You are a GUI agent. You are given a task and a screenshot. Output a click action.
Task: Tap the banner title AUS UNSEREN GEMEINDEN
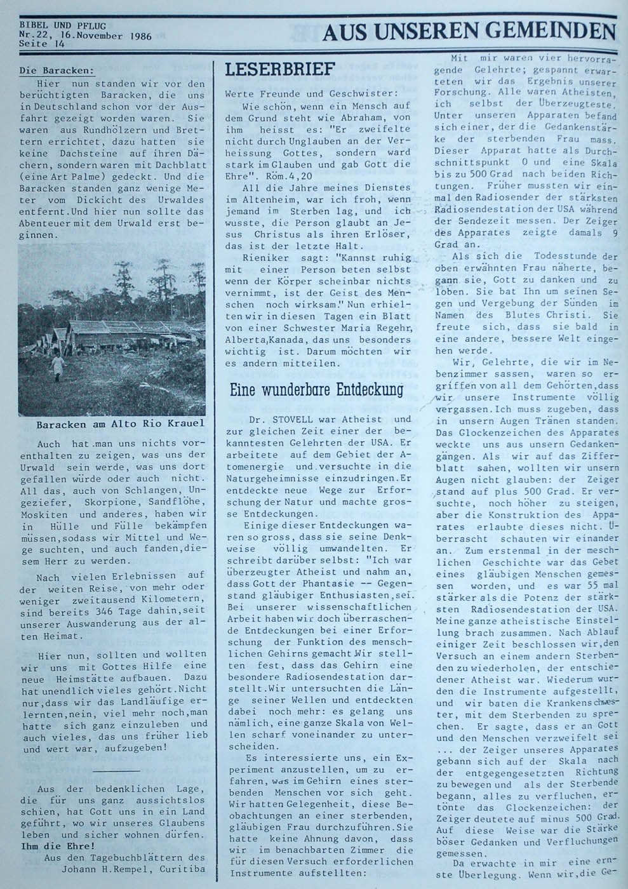pyautogui.click(x=469, y=32)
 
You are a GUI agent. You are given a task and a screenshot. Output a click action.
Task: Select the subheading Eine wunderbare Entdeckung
pyautogui.click(x=316, y=389)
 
